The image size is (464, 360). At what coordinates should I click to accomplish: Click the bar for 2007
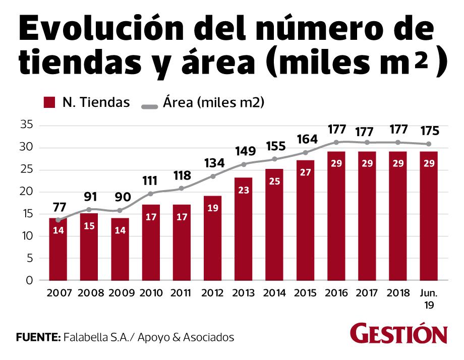coord(58,249)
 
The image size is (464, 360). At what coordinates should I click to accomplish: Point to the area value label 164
coord(305,138)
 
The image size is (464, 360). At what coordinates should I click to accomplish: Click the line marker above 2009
coord(120,210)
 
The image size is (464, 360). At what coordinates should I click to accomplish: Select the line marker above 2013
coord(243,164)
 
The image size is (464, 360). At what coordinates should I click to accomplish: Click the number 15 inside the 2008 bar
coord(89,226)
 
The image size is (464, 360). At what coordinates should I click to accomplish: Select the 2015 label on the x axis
coord(305,293)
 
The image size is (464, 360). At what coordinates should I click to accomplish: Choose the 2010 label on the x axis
coord(150,293)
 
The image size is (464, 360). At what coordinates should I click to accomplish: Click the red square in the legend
coord(49,103)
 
